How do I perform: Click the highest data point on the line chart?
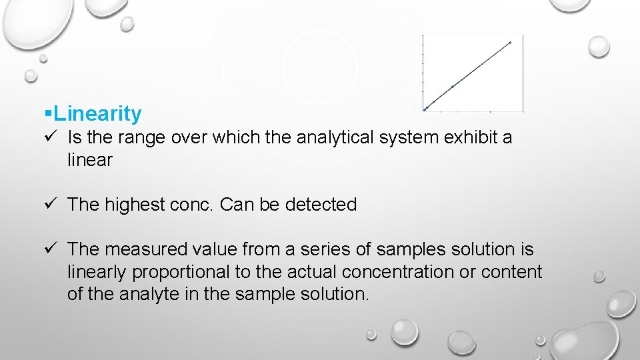tap(510, 43)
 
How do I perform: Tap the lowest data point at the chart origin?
tap(425, 109)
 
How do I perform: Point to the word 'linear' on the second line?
tap(90, 160)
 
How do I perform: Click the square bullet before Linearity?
tap(47, 114)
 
